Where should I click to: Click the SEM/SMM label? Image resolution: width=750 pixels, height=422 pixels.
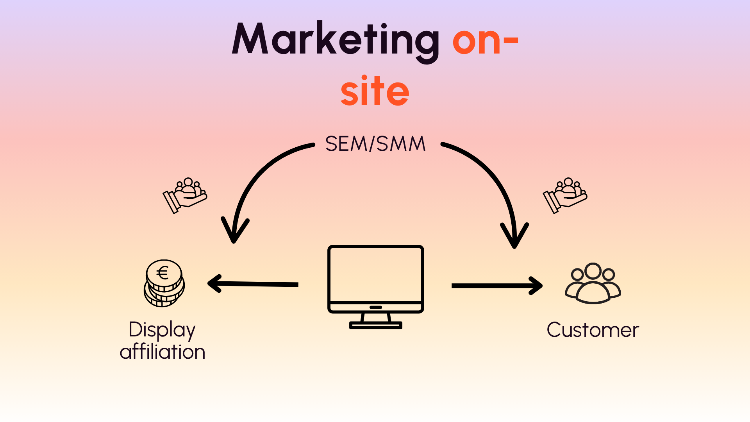(375, 144)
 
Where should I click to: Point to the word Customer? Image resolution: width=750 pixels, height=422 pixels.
(593, 330)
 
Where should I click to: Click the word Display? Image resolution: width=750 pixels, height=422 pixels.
(162, 330)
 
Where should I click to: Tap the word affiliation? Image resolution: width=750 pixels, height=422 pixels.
(162, 352)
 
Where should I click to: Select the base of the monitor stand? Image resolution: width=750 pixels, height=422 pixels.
(375, 325)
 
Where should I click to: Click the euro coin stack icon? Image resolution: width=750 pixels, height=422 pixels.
(164, 284)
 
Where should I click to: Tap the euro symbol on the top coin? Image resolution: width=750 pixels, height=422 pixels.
(162, 273)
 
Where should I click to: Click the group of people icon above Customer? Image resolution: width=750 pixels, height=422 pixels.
(593, 283)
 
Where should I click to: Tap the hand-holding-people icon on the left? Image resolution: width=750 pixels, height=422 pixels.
(185, 195)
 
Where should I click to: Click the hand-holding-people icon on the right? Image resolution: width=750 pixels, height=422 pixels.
(565, 195)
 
